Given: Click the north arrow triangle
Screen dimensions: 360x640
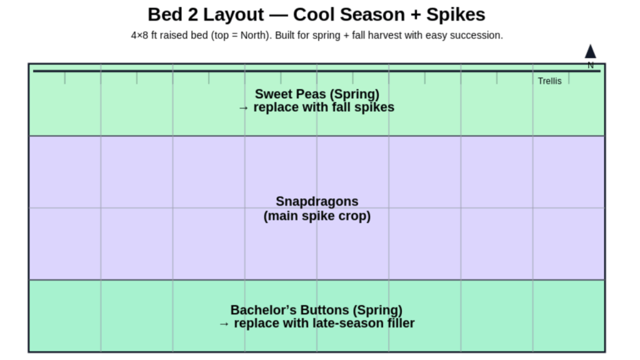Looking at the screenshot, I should pos(590,52).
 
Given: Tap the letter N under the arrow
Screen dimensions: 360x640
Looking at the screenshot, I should pos(591,65).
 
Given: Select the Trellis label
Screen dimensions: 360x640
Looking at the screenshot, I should pos(549,81).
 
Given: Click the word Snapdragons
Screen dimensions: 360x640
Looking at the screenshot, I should pos(317,201).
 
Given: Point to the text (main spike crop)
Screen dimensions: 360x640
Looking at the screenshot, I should pos(317,216).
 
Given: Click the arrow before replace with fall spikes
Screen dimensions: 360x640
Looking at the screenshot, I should pos(244,107).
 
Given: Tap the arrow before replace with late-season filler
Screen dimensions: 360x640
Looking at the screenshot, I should pos(224,323).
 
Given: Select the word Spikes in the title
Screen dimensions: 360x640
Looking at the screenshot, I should pos(456,14).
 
